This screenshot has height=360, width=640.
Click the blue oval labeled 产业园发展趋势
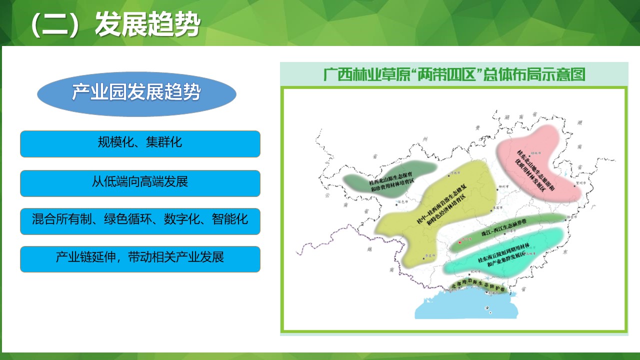pyautogui.click(x=136, y=93)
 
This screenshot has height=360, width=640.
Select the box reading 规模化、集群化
pyautogui.click(x=140, y=143)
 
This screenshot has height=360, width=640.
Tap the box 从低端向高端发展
pyautogui.click(x=140, y=182)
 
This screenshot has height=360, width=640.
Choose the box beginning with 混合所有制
pyautogui.click(x=140, y=220)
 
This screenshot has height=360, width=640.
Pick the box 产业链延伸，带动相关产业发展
pyautogui.click(x=140, y=258)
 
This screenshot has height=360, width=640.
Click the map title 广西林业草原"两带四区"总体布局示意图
pyautogui.click(x=453, y=75)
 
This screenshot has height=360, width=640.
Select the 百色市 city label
pyautogui.click(x=399, y=202)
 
